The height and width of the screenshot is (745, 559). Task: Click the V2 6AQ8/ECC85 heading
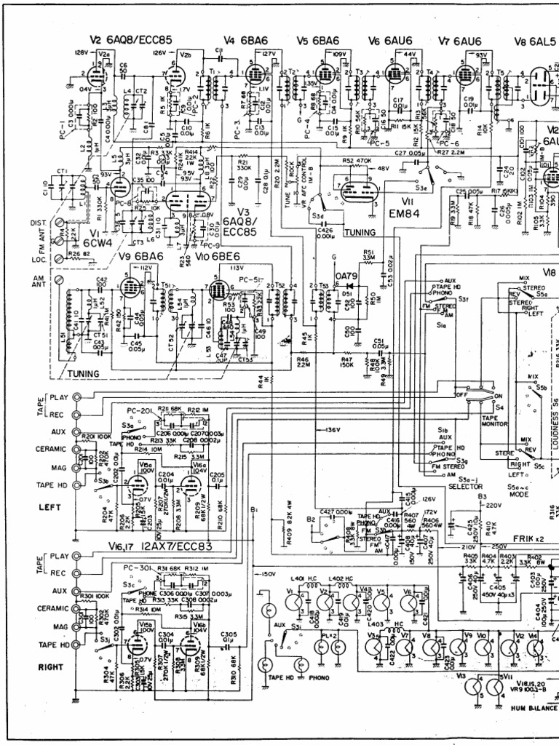130,39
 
